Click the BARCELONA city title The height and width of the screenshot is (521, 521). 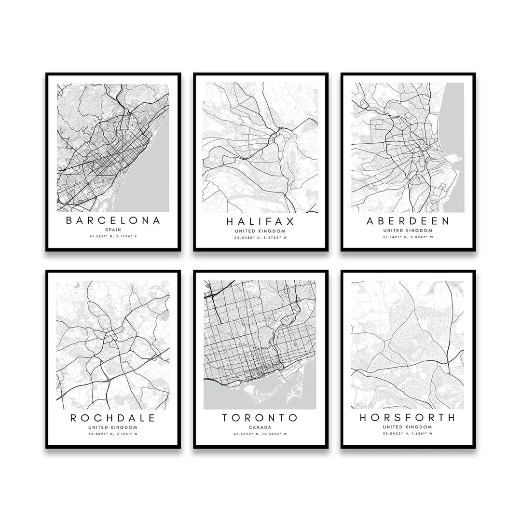click(x=113, y=221)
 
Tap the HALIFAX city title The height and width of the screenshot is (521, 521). click(x=260, y=222)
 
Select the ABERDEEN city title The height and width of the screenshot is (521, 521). click(x=408, y=221)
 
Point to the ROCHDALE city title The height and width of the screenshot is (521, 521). click(x=113, y=418)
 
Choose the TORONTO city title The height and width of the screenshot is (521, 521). click(x=260, y=418)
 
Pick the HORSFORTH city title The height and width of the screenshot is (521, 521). click(x=408, y=418)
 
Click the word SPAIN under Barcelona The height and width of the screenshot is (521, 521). click(x=113, y=230)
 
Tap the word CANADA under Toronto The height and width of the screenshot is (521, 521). click(x=260, y=427)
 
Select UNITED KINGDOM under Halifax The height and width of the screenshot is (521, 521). click(x=260, y=231)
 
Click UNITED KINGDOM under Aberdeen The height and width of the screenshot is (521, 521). click(x=408, y=231)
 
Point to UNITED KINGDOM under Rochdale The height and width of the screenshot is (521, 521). click(x=113, y=427)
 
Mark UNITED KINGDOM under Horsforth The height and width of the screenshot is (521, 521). click(x=408, y=427)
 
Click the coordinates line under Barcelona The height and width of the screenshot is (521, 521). click(x=113, y=236)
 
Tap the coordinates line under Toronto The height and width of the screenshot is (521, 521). click(x=260, y=434)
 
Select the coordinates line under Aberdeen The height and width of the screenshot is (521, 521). click(x=408, y=237)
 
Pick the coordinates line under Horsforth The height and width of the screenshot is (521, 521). click(x=408, y=434)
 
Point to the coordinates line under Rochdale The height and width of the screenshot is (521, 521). click(x=113, y=434)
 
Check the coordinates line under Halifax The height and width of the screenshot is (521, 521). click(x=260, y=237)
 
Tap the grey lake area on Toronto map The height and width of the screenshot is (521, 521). click(x=227, y=398)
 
